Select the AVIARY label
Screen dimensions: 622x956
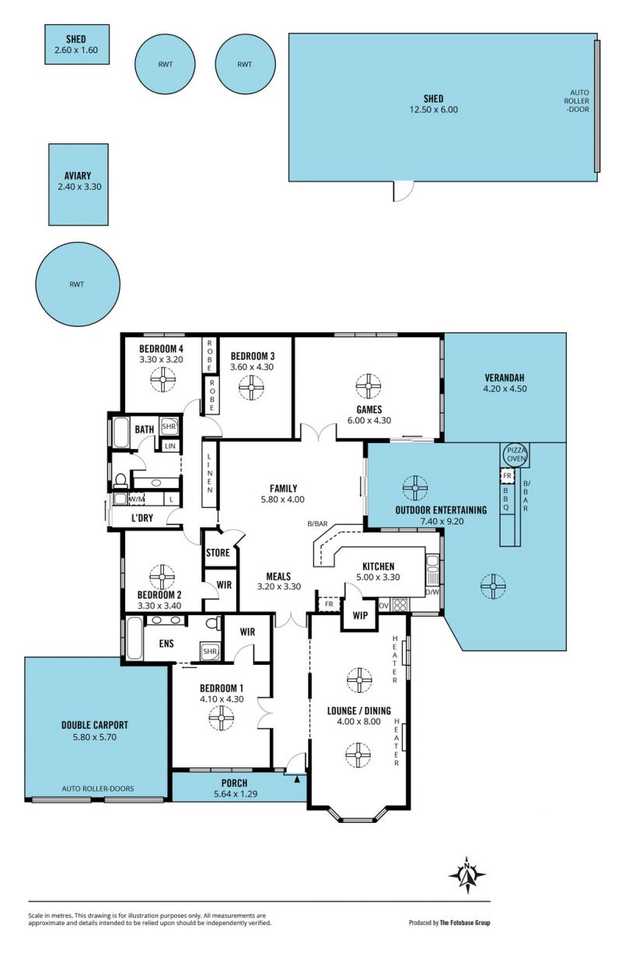click(78, 175)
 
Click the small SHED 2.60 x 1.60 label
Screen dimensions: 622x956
click(76, 44)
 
